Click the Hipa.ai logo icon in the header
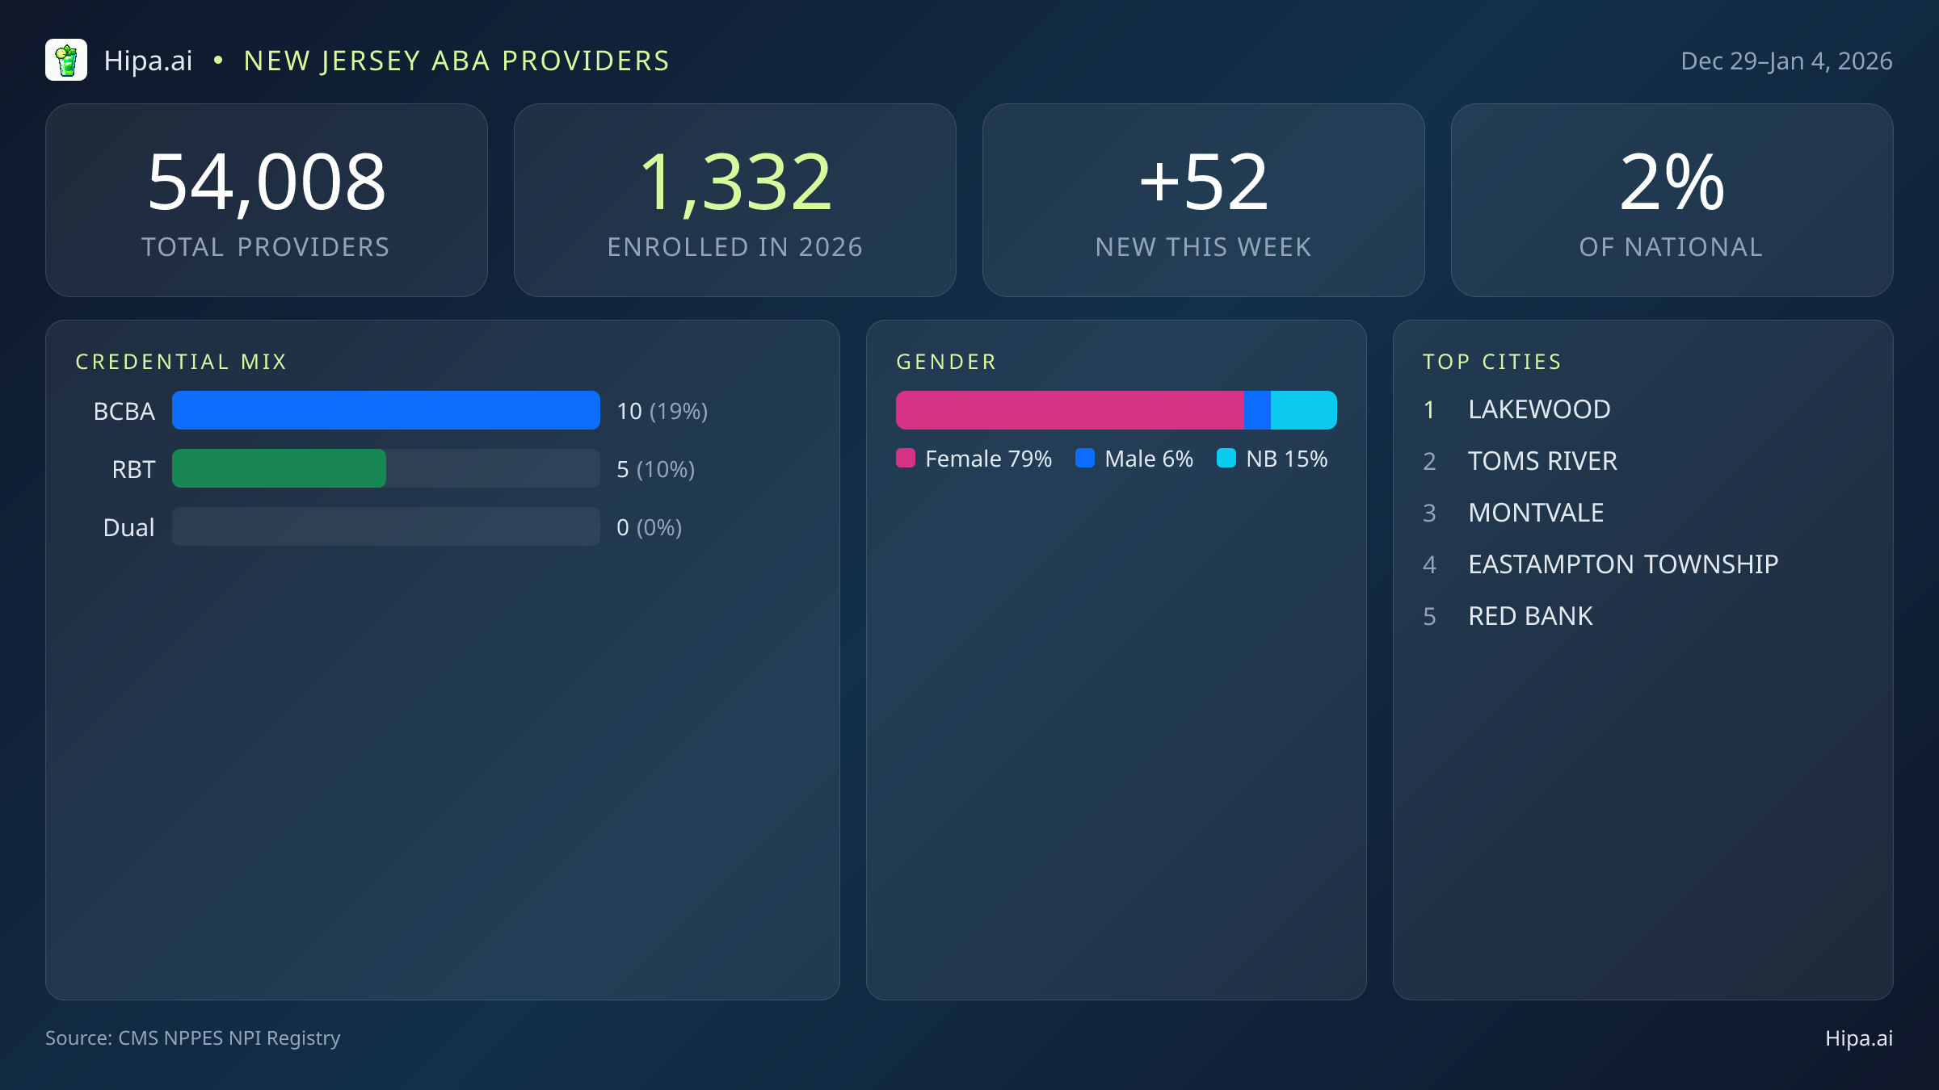pos(66,61)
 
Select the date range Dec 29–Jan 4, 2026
pos(1785,61)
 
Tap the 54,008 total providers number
pos(267,183)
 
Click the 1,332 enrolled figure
pos(735,183)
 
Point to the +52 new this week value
pos(1203,183)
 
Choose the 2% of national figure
pos(1672,183)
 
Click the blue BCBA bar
pos(385,410)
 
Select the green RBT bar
pos(279,468)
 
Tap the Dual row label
pos(128,527)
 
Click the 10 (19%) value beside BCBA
pos(662,411)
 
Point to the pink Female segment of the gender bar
pos(1069,410)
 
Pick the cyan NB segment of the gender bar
pos(1303,410)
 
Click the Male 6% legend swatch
pos(1085,459)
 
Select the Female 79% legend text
pos(988,459)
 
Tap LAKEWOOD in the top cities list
pos(1539,409)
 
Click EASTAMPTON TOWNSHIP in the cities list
pos(1623,564)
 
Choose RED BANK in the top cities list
pos(1530,616)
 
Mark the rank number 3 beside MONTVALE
pos(1429,513)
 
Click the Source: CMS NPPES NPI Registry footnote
pos(192,1038)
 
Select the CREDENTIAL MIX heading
pos(181,362)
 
